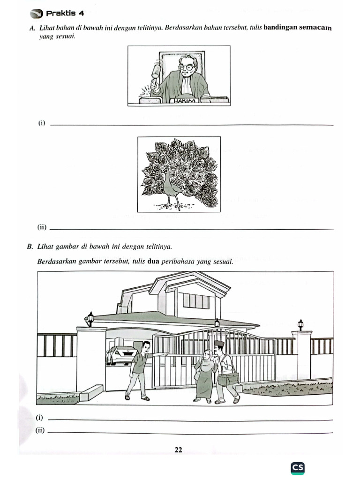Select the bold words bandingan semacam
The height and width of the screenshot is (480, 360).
coord(297,28)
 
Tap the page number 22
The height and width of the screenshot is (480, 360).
coord(178,450)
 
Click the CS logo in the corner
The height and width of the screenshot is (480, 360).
coord(297,467)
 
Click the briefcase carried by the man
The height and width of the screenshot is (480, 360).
coord(228,378)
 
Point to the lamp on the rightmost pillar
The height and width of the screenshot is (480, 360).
coord(300,324)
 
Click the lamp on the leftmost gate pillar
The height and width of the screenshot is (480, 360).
coord(90,319)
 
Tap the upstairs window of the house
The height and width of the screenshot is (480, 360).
coord(195,300)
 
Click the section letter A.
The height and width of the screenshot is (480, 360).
coord(31,28)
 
